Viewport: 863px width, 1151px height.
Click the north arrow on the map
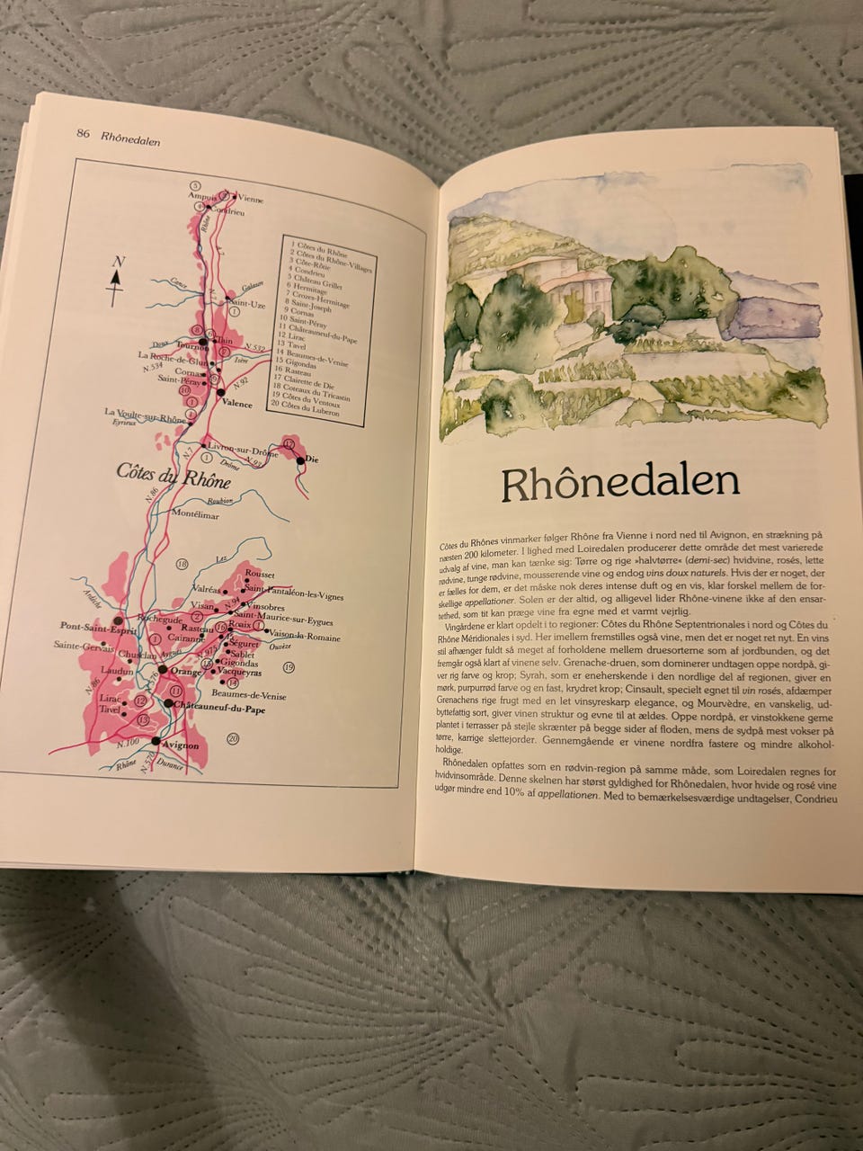[115, 275]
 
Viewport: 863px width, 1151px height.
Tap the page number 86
[84, 134]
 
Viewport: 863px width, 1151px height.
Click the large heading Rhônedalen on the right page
[620, 483]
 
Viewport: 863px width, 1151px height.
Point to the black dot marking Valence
[220, 392]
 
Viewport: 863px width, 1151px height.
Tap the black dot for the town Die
[299, 460]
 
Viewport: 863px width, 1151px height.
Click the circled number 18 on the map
[182, 564]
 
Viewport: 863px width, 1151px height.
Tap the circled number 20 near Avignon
[232, 738]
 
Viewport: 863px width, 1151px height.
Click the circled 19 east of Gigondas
[289, 666]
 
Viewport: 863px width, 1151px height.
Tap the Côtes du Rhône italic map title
[173, 477]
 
